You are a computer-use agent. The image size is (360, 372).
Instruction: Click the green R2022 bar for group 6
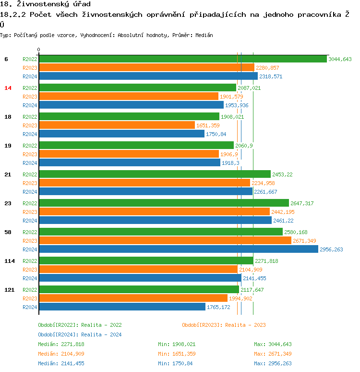[183, 59]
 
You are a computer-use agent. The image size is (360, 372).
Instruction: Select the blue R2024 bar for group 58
[178, 249]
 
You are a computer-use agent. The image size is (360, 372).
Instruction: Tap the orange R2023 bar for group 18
[117, 125]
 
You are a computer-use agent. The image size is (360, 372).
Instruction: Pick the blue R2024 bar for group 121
[122, 307]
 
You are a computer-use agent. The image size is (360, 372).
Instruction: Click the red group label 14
[8, 88]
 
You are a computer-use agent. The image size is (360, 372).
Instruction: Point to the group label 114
[10, 261]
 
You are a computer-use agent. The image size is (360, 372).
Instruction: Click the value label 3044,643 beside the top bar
[340, 59]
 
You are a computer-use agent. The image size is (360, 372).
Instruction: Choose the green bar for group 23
[164, 203]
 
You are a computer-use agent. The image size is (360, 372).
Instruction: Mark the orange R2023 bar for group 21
[144, 183]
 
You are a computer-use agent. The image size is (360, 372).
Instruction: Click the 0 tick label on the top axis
[39, 50]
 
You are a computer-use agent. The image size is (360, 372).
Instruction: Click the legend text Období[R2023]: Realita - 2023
[224, 325]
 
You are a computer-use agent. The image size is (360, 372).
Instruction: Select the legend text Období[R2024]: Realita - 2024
[80, 335]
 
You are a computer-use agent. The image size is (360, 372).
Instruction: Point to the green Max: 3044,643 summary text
[273, 344]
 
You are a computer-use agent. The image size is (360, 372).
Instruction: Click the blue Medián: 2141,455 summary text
[61, 363]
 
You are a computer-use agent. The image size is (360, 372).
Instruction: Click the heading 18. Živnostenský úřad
[45, 4]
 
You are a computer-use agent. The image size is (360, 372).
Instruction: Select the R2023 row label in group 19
[30, 154]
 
